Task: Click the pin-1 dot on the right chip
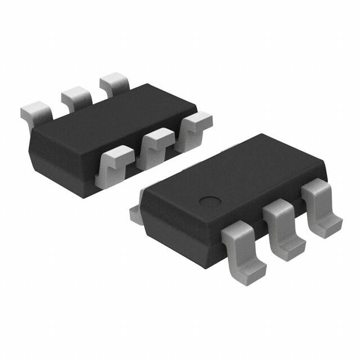[210, 200]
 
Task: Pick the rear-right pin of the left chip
[114, 83]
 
